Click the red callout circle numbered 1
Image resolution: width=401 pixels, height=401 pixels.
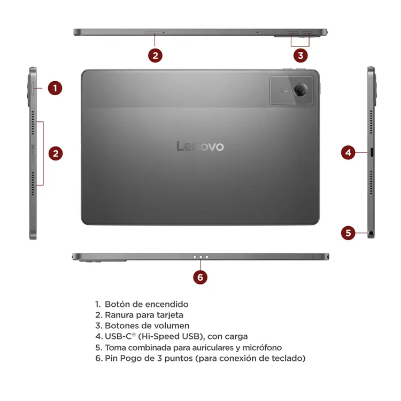click(x=55, y=88)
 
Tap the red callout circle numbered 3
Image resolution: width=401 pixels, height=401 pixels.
click(x=300, y=56)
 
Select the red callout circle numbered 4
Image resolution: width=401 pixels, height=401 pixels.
click(x=348, y=153)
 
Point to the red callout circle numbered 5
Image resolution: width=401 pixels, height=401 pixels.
click(x=348, y=233)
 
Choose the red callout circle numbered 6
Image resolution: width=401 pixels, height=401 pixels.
click(x=200, y=277)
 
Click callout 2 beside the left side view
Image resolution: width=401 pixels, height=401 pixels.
click(x=56, y=153)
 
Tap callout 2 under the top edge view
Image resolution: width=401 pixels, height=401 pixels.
click(x=155, y=56)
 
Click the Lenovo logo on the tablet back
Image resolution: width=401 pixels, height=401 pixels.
click(x=200, y=146)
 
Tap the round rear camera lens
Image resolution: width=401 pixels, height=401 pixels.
click(x=300, y=90)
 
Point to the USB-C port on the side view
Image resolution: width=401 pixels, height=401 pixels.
click(x=372, y=152)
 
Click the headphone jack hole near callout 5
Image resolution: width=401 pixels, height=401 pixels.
click(x=371, y=233)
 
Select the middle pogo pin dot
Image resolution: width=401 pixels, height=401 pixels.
click(x=200, y=257)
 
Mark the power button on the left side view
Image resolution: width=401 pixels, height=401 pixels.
click(x=33, y=89)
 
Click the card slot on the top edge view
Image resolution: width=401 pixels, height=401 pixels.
click(x=155, y=33)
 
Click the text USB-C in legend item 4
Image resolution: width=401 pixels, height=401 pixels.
click(x=118, y=336)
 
